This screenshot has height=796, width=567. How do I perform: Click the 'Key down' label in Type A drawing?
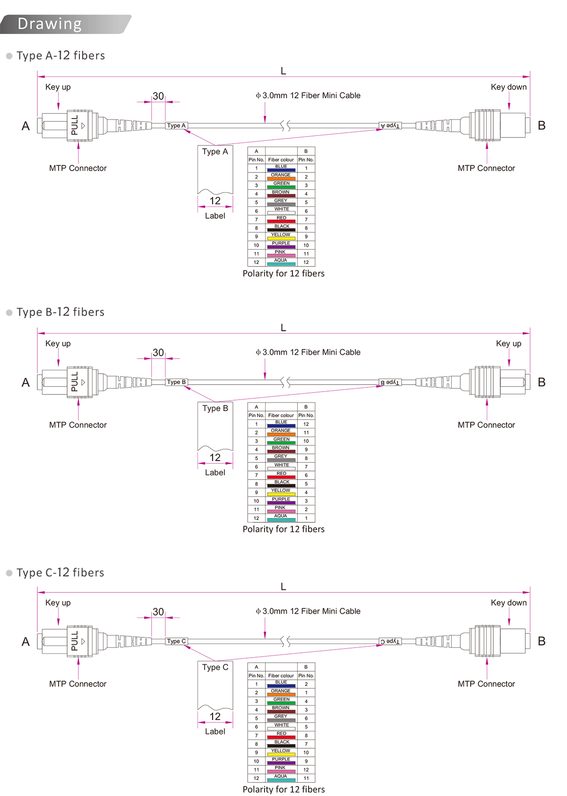click(x=508, y=87)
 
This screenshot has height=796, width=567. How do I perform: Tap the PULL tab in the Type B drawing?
click(x=75, y=382)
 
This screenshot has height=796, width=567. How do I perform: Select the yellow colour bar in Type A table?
click(x=281, y=238)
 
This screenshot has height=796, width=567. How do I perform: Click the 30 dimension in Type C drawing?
click(x=158, y=612)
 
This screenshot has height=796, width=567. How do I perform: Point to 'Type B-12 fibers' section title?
click(x=60, y=312)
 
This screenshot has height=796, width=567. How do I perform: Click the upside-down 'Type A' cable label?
click(x=390, y=126)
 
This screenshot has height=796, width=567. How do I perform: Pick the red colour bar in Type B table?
click(x=281, y=477)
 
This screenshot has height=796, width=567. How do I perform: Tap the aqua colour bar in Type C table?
click(x=281, y=780)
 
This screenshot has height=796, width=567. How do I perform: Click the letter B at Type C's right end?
click(x=541, y=641)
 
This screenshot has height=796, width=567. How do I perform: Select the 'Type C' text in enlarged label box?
click(x=215, y=667)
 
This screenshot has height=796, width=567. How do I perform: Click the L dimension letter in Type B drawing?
click(x=283, y=328)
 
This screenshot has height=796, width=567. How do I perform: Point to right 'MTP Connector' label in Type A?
click(x=486, y=168)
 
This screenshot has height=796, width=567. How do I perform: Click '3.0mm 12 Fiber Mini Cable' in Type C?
click(x=311, y=611)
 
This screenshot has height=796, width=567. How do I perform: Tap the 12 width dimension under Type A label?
click(x=215, y=201)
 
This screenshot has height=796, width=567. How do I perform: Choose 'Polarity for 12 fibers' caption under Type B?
click(x=283, y=529)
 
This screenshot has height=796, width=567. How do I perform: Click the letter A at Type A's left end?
click(x=26, y=126)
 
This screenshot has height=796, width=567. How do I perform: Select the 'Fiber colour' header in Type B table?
click(x=281, y=415)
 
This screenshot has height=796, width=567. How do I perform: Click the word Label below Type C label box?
click(x=215, y=731)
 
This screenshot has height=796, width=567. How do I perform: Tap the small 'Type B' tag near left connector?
click(x=176, y=382)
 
